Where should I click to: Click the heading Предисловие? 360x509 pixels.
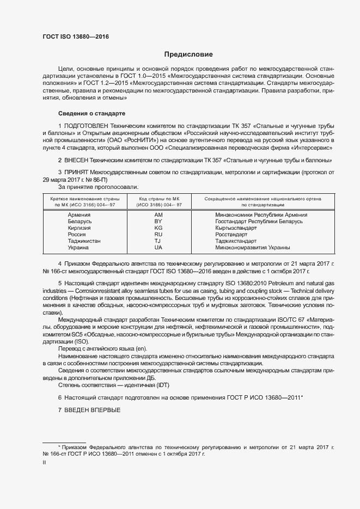(188, 54)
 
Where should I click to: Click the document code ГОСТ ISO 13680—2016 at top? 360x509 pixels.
(76, 36)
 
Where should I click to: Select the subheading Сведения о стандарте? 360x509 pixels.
(92, 113)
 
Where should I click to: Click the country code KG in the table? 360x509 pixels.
(158, 228)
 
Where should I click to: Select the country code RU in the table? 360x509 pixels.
(158, 235)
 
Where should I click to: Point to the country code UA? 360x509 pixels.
(158, 247)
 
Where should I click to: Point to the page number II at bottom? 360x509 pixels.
(44, 463)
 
